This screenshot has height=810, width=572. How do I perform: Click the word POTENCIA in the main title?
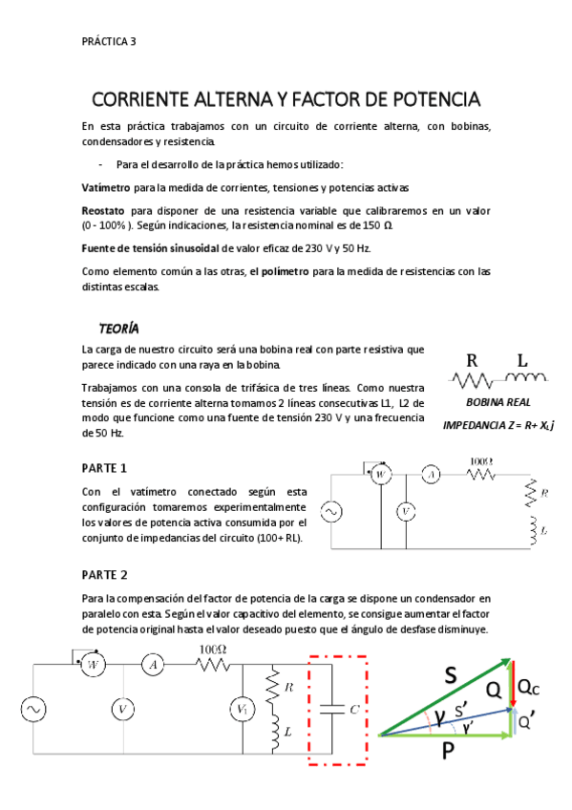429,99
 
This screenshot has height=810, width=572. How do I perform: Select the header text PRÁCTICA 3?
109,41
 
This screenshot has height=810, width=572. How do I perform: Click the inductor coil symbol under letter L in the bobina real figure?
522,379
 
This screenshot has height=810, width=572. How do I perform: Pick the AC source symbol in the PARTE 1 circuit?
335,513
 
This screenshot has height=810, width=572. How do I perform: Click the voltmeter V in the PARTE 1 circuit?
406,512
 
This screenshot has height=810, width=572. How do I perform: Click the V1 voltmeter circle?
242,709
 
